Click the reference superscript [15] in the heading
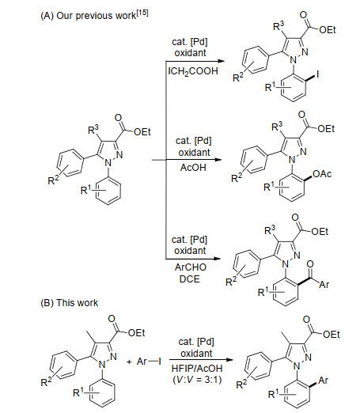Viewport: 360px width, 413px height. pos(142,13)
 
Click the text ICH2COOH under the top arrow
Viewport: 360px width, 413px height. pos(193,71)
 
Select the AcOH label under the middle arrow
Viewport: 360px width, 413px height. pos(193,168)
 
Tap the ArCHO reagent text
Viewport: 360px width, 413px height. pos(191,267)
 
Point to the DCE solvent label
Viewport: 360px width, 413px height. pos(190,278)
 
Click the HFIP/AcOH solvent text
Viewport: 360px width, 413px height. pos(197,368)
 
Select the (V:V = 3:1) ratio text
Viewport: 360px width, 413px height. pos(197,380)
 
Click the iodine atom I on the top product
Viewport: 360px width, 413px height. pos(317,74)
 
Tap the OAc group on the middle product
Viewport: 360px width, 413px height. pos(322,174)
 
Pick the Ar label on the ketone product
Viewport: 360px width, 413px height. pos(324,285)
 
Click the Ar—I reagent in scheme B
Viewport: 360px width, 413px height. pos(149,362)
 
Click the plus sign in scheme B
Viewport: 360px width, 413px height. pos(129,362)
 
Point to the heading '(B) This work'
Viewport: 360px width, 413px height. pos(70,303)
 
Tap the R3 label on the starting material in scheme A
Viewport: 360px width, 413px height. pos(93,129)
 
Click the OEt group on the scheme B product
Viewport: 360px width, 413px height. pos(332,335)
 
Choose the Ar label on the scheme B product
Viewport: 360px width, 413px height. pos(324,381)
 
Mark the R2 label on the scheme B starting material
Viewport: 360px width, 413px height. pos(46,381)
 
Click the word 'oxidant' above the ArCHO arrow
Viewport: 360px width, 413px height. pos(190,251)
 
